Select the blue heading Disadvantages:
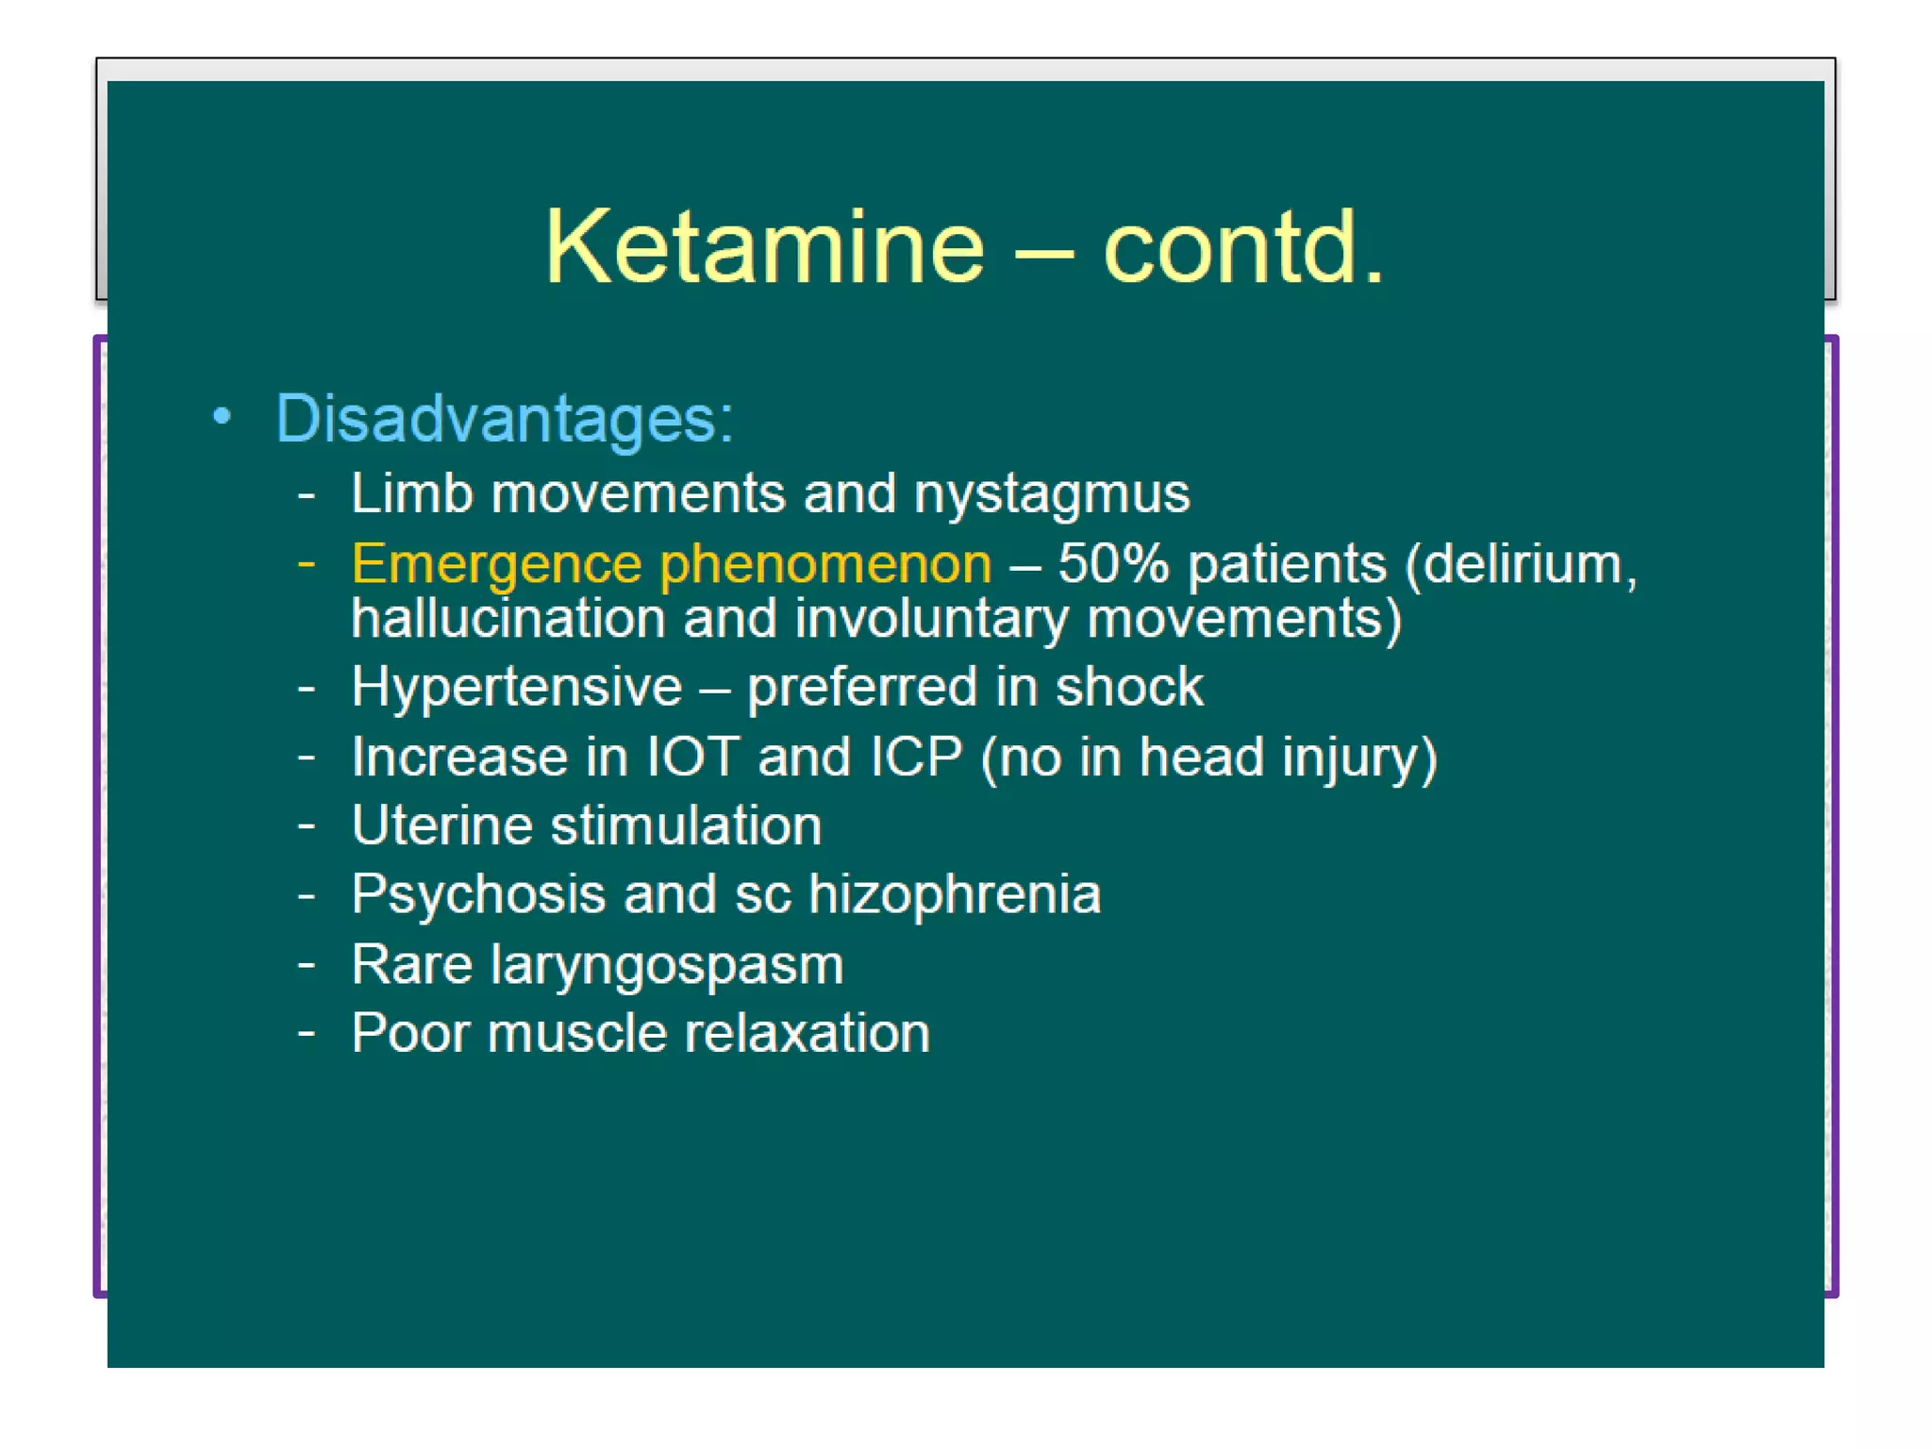(x=504, y=418)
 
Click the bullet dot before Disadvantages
(x=222, y=416)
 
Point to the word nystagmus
(x=1051, y=494)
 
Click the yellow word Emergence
(x=496, y=565)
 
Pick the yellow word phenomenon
(x=825, y=565)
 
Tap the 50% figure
(x=1113, y=563)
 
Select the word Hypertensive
(x=516, y=686)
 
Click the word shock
(x=1129, y=686)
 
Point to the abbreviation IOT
(x=692, y=757)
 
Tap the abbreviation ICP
(x=916, y=757)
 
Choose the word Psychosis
(x=477, y=894)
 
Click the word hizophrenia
(x=955, y=894)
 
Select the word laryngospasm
(x=667, y=965)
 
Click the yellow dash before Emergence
(x=306, y=564)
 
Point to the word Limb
(x=411, y=493)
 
